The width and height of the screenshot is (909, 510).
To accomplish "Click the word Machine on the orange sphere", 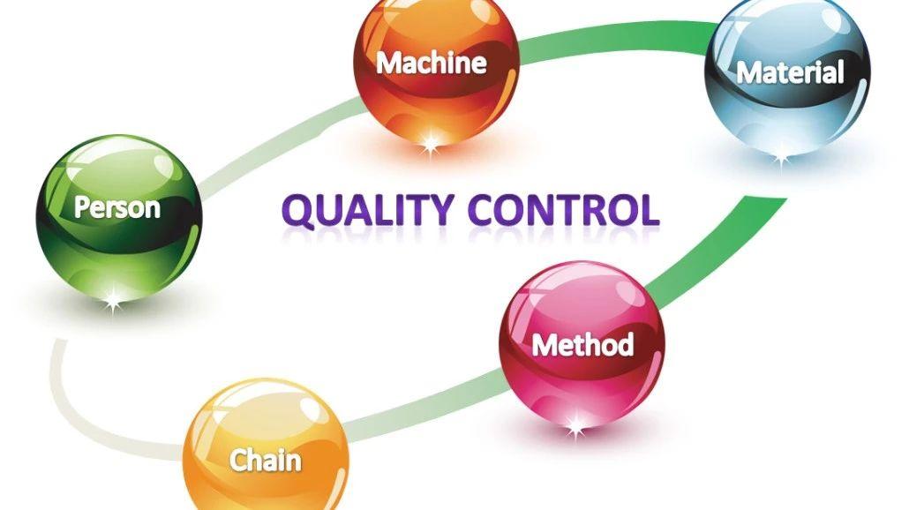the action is coord(432,63).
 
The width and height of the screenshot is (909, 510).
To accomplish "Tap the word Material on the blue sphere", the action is coord(790,73).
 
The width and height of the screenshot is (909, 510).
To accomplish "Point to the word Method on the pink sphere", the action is coord(582,345).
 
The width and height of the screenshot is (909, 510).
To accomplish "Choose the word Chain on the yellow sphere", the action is coord(266,461).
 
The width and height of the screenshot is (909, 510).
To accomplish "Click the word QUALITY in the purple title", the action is coord(369,210).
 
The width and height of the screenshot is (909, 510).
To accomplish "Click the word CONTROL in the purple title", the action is coord(563,210).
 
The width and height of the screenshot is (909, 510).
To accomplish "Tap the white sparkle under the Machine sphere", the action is coord(430,142).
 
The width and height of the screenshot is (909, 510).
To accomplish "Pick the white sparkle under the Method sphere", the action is coord(575,428).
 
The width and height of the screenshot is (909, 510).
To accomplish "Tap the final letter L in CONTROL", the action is coord(650,210).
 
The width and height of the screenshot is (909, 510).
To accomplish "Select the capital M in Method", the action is coord(544,345).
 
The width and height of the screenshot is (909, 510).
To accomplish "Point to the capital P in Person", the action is coord(82,207).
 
